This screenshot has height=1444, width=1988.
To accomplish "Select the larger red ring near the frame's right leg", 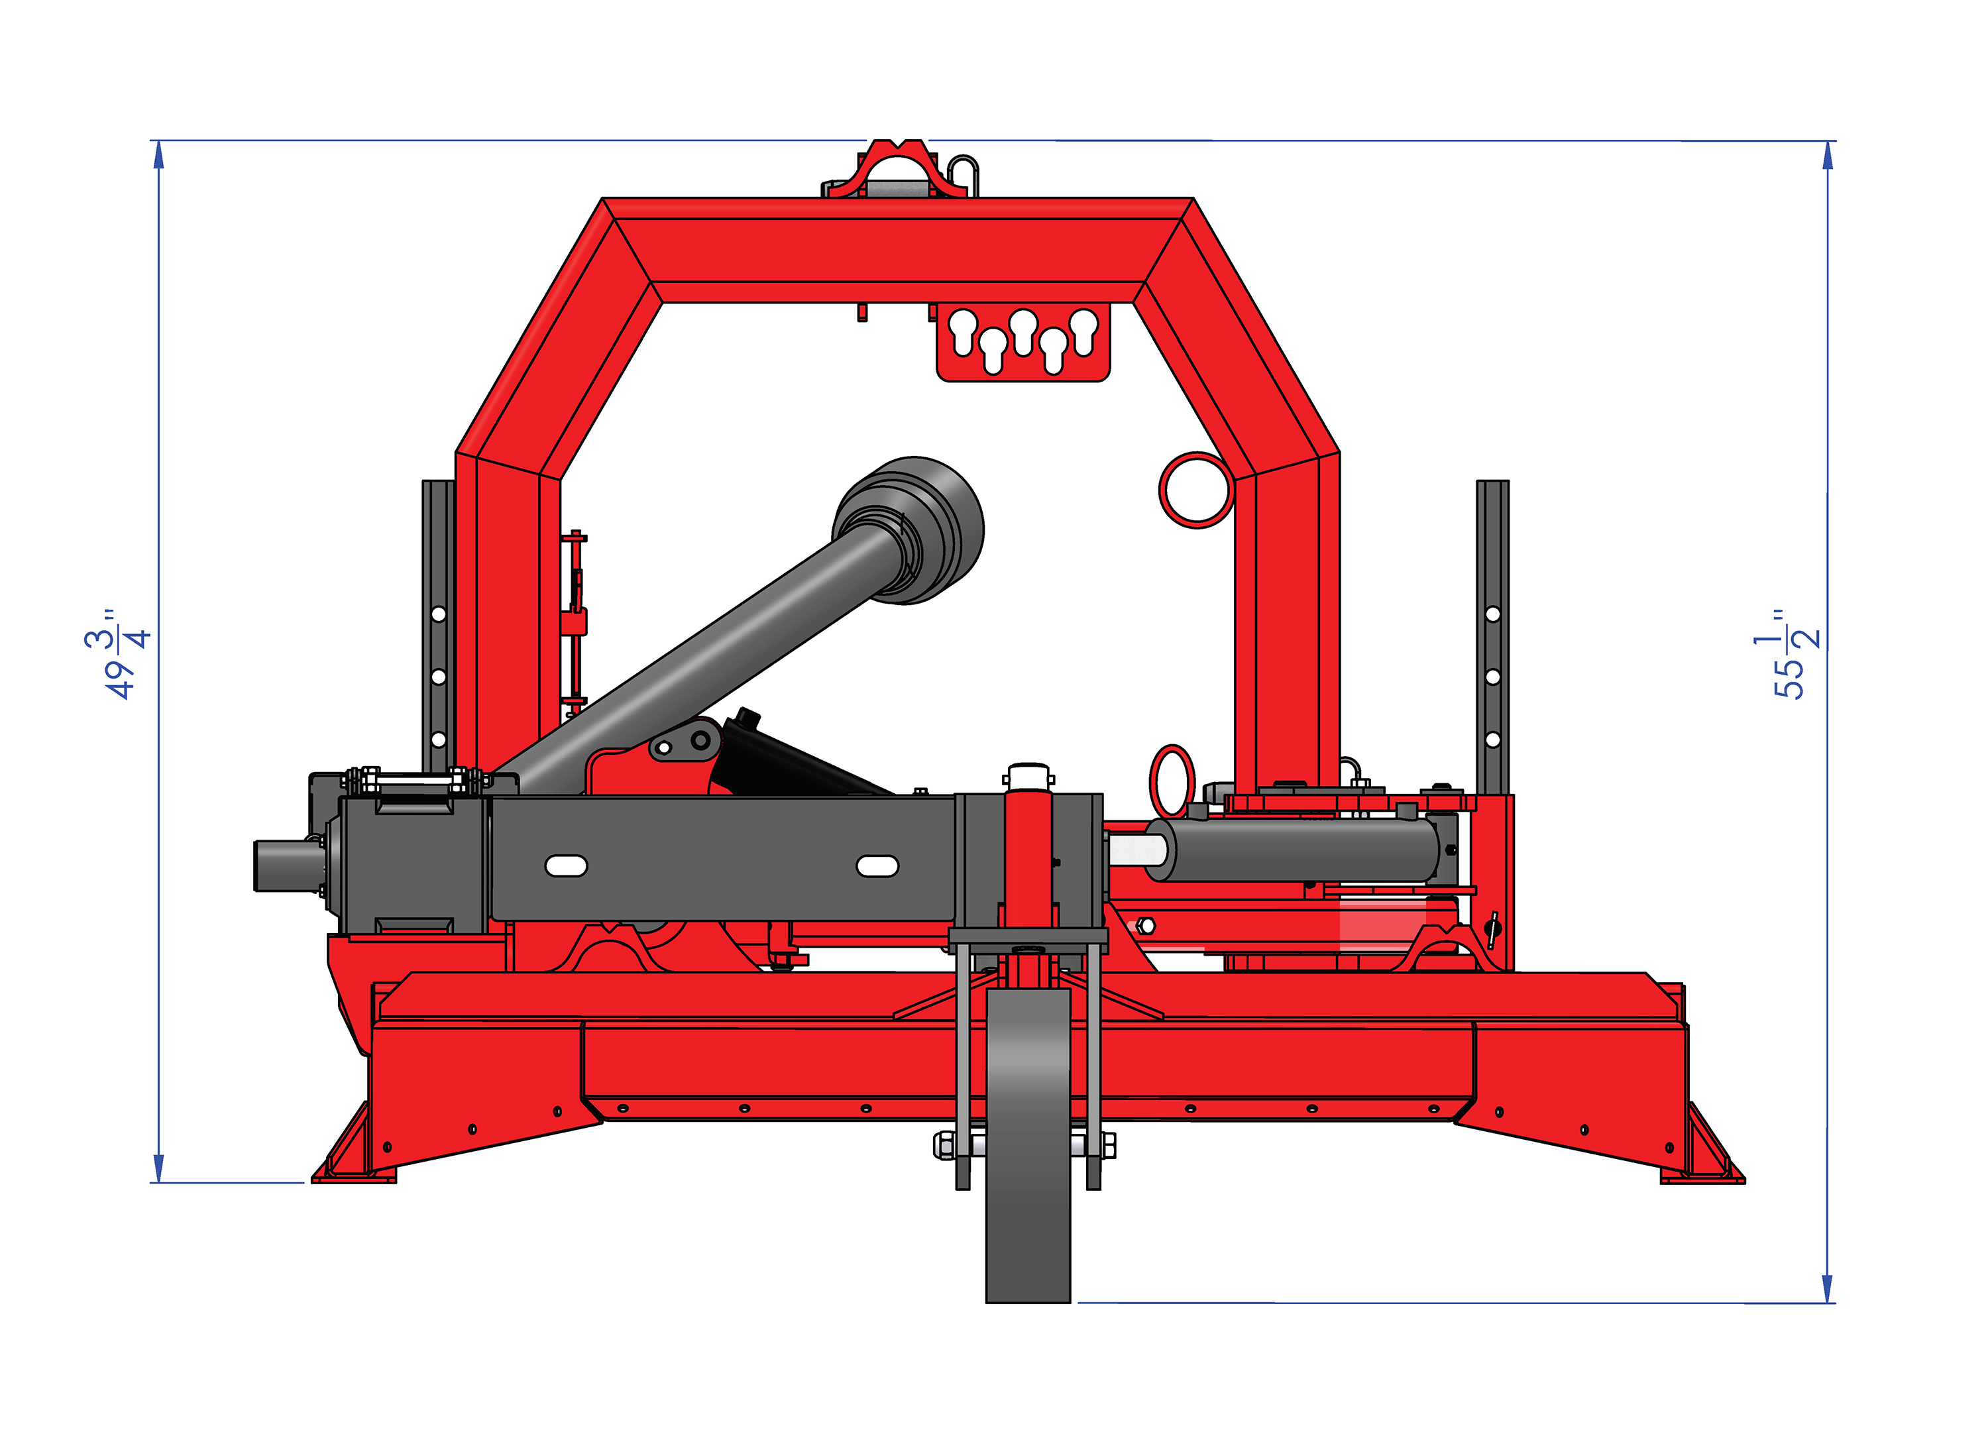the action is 1197,489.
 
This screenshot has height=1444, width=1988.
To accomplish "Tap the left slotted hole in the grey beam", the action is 566,865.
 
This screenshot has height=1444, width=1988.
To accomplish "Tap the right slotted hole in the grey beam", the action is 877,866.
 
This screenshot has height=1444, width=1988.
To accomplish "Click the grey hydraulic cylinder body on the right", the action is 1293,849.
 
